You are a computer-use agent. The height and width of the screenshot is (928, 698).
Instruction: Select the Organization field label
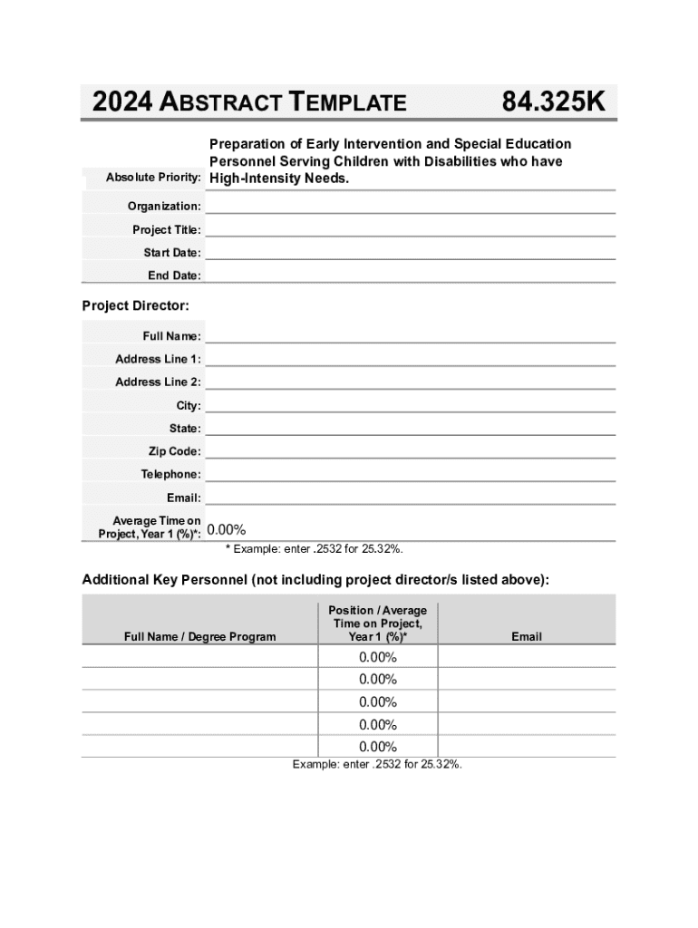(x=164, y=207)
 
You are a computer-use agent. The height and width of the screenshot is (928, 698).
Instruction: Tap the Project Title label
(x=167, y=230)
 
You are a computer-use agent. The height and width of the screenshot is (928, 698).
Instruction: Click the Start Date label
(x=172, y=253)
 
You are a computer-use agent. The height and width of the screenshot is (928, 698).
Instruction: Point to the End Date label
(x=174, y=275)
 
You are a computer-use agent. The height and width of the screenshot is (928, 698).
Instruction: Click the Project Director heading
(x=136, y=306)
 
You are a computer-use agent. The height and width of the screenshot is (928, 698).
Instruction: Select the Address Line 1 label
(x=158, y=360)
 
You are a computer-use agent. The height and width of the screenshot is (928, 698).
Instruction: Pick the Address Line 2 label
(x=158, y=382)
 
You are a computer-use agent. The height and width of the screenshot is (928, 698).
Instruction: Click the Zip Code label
(x=175, y=451)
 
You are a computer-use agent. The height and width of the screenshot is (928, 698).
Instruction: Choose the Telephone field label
(x=170, y=475)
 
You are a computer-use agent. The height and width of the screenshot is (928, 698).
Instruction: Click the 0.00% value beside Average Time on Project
(x=227, y=530)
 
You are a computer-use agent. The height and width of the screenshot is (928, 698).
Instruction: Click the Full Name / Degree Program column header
(x=199, y=637)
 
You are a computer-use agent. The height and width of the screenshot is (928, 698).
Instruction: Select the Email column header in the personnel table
(x=526, y=637)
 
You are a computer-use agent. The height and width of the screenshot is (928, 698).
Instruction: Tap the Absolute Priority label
(x=153, y=178)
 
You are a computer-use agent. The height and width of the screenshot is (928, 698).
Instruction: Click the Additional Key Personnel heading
(x=315, y=580)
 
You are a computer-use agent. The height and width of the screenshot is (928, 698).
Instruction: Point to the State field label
(x=185, y=429)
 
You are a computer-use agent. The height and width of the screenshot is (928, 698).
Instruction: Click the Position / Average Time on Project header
(x=377, y=623)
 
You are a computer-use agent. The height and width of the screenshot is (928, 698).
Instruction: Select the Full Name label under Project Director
(x=171, y=337)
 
